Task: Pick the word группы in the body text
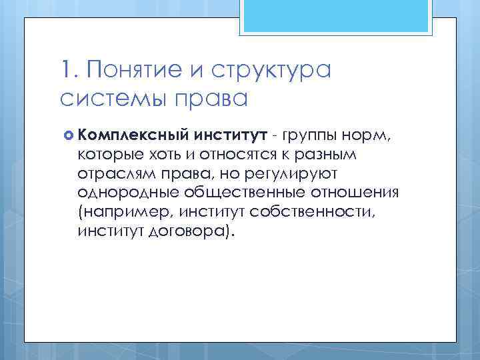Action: (308, 136)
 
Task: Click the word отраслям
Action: (115, 174)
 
